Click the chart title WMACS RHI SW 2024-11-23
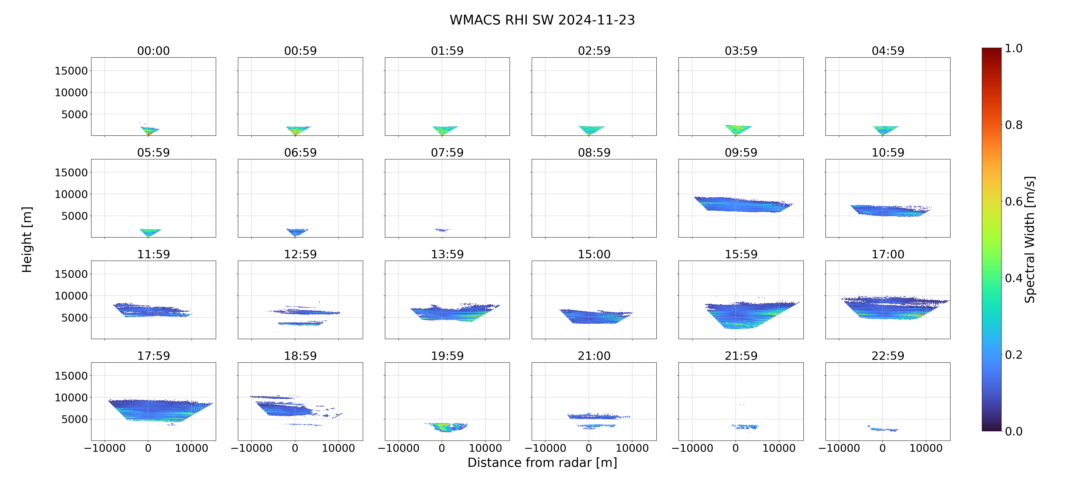coord(542,20)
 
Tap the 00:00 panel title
coord(153,51)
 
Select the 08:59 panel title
coord(594,153)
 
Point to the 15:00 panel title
coord(594,254)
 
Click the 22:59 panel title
coord(888,356)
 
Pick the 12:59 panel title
coord(300,254)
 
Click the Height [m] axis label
coord(27,239)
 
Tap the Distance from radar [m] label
coord(542,463)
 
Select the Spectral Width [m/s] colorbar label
coord(1029,239)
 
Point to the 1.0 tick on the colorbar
coord(1013,49)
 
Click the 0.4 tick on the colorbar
coord(1013,278)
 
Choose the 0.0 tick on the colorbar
coord(1013,431)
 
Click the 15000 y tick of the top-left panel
coord(71,71)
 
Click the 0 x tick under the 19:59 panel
coord(442,448)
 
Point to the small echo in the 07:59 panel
coord(442,230)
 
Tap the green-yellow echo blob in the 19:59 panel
coord(444,427)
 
